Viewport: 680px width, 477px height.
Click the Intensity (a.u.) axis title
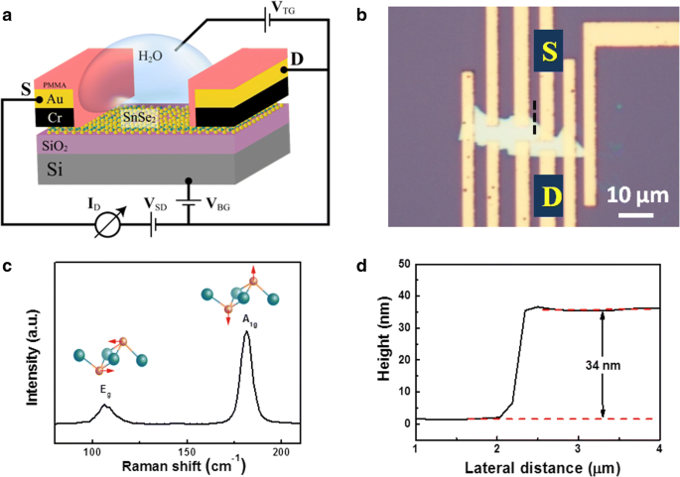36,358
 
